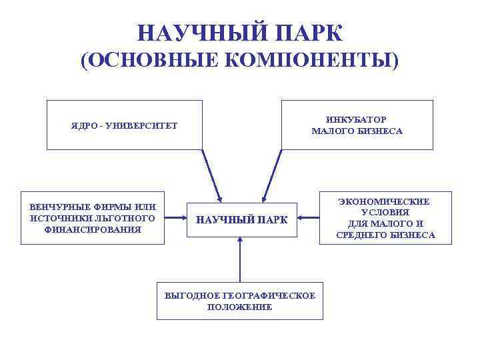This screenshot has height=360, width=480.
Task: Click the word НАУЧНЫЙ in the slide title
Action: pyautogui.click(x=197, y=33)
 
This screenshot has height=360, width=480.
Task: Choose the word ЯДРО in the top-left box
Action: pyautogui.click(x=84, y=126)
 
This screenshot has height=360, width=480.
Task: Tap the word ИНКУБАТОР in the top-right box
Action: pyautogui.click(x=357, y=119)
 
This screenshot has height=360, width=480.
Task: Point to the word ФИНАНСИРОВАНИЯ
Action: pyautogui.click(x=93, y=229)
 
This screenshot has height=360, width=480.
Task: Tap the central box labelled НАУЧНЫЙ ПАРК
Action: pyautogui.click(x=241, y=219)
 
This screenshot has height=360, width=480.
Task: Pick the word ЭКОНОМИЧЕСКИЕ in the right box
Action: pyautogui.click(x=385, y=201)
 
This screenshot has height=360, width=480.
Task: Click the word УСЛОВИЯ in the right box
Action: pyautogui.click(x=385, y=212)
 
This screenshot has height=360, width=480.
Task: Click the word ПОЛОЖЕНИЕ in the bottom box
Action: pyautogui.click(x=239, y=307)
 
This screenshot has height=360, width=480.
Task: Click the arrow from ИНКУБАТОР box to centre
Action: pyautogui.click(x=273, y=174)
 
